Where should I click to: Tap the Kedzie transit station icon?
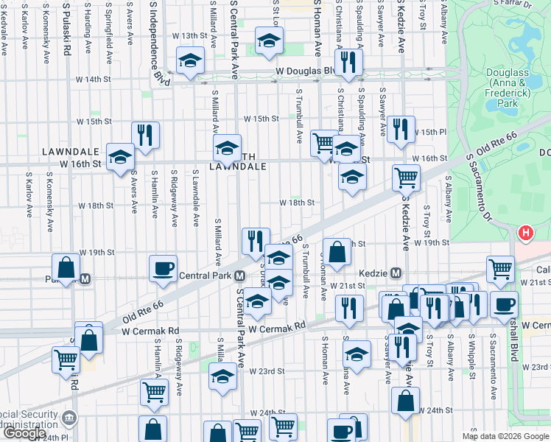click(x=396, y=273)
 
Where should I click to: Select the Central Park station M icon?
click(x=240, y=277)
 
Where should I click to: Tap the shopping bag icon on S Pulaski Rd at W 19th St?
click(x=66, y=267)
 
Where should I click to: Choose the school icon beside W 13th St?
click(x=269, y=41)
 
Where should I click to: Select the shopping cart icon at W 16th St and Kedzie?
click(x=405, y=177)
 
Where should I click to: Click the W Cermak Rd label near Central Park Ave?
click(x=277, y=326)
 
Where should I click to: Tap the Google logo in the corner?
click(x=24, y=433)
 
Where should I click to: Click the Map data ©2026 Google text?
click(x=505, y=436)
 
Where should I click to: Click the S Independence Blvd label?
click(x=155, y=41)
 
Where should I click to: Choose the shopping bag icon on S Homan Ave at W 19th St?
click(x=337, y=252)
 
